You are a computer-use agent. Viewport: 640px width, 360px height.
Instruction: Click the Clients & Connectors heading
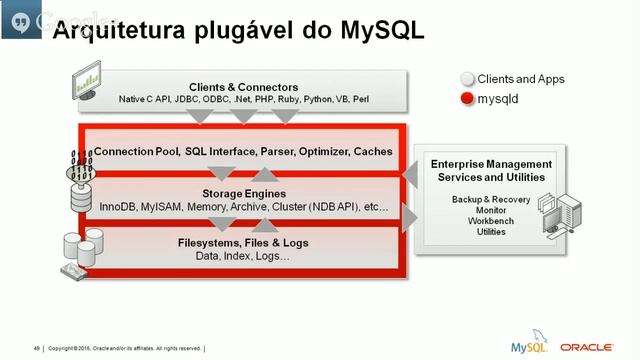pos(243,86)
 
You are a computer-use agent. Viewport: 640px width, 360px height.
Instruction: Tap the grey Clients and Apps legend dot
pos(466,79)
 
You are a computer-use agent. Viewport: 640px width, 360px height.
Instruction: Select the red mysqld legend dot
pos(466,100)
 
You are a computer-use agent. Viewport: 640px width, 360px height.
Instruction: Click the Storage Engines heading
pos(244,193)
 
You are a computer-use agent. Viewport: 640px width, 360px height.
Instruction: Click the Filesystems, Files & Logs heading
pos(243,243)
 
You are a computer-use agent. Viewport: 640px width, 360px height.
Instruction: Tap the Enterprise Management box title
pos(491,170)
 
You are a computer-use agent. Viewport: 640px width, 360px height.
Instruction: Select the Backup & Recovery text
pos(491,200)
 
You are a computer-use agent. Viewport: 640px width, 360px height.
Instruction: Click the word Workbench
pos(491,221)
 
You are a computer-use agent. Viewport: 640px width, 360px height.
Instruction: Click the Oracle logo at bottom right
pos(587,347)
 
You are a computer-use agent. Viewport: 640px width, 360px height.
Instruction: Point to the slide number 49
pos(36,348)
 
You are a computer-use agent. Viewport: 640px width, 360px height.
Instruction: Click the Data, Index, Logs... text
pos(243,257)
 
